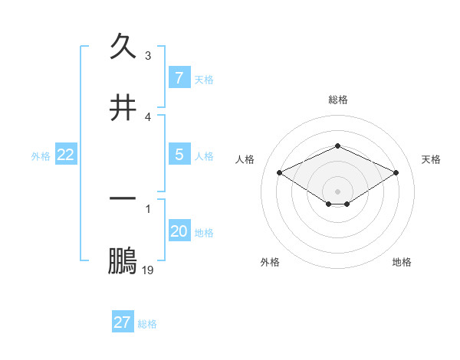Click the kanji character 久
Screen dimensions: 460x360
point(123,47)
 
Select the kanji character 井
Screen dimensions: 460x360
point(123,107)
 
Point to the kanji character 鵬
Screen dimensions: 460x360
point(123,260)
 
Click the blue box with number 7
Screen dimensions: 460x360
point(179,77)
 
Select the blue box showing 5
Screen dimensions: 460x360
point(179,155)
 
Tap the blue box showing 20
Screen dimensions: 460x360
point(179,231)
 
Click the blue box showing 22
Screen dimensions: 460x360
point(66,155)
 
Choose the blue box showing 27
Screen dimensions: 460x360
point(123,322)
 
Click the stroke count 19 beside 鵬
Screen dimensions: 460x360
point(148,270)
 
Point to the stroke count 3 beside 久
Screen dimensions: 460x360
point(148,56)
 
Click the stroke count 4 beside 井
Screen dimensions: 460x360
point(148,116)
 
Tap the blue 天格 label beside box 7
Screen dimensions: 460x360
point(204,79)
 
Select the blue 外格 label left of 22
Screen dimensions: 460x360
point(41,156)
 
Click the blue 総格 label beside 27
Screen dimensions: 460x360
point(147,324)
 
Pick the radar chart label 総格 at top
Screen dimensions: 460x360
point(337,100)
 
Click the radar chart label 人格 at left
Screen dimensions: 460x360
point(245,159)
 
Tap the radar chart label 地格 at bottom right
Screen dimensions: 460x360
point(402,262)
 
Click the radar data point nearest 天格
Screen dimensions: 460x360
point(396,173)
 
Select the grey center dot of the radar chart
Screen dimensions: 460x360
point(337,191)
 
